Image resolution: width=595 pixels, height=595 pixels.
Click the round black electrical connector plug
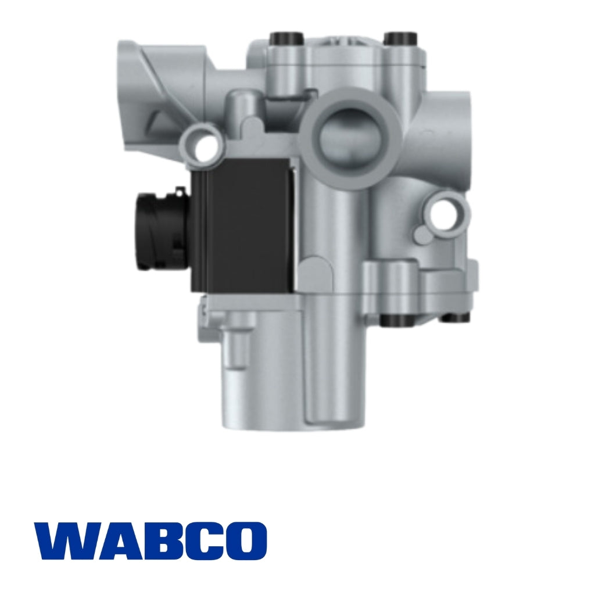(x=156, y=231)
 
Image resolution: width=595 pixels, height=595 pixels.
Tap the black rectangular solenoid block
(x=244, y=227)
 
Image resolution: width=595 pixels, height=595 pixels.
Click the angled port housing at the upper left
(x=154, y=87)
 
